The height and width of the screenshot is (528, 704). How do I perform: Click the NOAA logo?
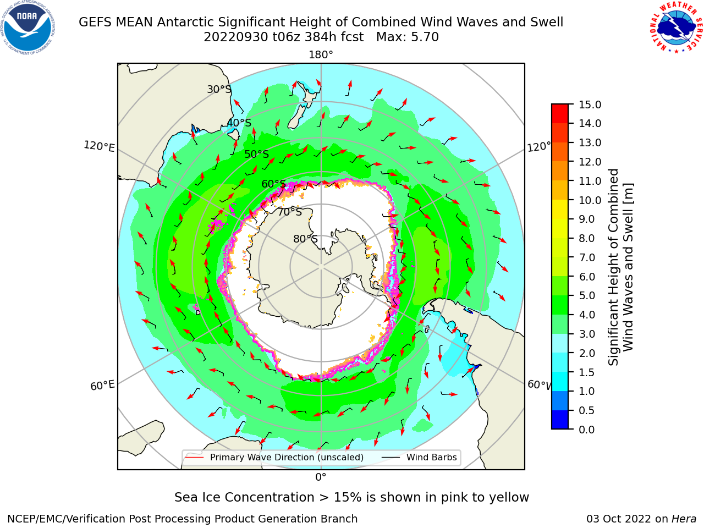[28, 28]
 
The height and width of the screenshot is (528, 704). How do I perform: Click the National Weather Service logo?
[675, 27]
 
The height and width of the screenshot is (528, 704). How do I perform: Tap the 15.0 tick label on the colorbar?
[590, 105]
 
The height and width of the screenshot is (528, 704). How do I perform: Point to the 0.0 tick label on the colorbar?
[587, 430]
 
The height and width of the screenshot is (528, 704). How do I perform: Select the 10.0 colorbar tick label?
[590, 200]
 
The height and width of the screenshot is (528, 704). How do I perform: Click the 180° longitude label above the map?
[321, 55]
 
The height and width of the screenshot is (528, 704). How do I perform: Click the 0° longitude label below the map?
[321, 477]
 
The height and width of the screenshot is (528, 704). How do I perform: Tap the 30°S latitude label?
[219, 89]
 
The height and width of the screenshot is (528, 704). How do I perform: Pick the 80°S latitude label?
[305, 239]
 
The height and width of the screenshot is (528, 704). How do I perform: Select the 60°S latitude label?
[273, 184]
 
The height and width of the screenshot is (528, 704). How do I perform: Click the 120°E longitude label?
[99, 146]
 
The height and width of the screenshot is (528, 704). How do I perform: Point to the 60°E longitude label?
[102, 386]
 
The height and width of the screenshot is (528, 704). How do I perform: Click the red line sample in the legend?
[194, 457]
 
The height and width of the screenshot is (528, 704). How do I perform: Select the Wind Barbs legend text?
[431, 457]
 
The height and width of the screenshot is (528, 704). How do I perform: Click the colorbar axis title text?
[620, 267]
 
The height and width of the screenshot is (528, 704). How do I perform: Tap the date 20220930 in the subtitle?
[236, 37]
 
